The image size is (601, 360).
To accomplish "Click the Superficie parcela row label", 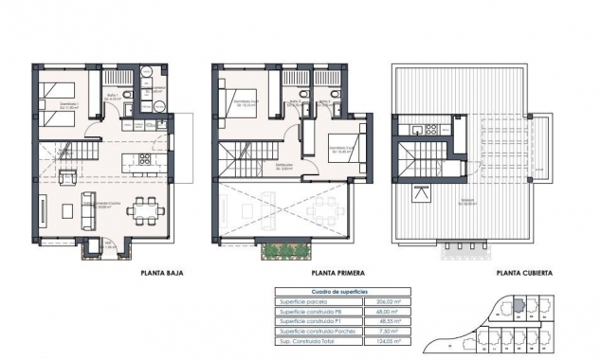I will click(x=302, y=301).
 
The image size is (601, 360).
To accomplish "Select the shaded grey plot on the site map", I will click(x=518, y=306).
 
